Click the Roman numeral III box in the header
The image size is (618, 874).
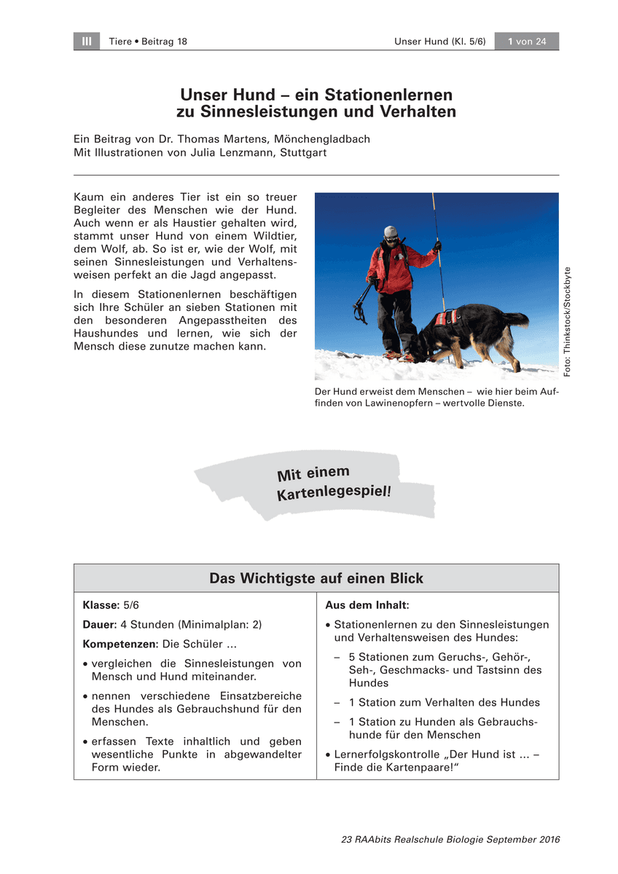(87, 42)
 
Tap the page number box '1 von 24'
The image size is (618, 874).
(526, 42)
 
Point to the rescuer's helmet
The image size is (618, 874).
(391, 232)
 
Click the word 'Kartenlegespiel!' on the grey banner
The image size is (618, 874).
(334, 493)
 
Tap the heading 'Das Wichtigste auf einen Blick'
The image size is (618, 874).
(316, 578)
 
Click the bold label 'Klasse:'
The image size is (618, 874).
(101, 605)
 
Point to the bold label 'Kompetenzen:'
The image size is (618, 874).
(120, 645)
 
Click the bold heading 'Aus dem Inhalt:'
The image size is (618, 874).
(367, 605)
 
